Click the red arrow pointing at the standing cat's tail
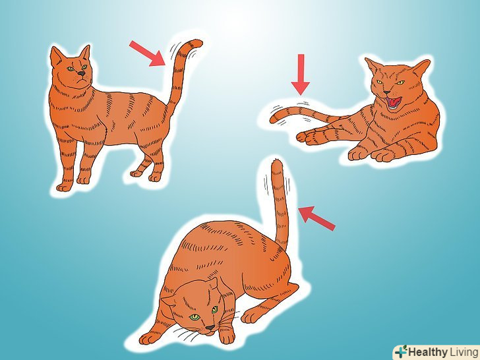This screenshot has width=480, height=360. (148, 53)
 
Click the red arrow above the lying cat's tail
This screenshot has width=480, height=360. (301, 75)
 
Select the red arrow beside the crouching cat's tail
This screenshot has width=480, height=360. (316, 218)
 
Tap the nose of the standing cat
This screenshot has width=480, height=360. (82, 73)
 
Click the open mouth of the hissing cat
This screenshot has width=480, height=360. (394, 103)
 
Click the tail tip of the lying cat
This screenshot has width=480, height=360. (272, 120)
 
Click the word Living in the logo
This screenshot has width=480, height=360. (464, 351)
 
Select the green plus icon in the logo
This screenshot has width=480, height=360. (401, 351)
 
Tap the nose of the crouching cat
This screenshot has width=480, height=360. (210, 328)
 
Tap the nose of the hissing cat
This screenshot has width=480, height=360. (387, 92)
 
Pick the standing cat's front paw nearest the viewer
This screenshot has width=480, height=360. (65, 187)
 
